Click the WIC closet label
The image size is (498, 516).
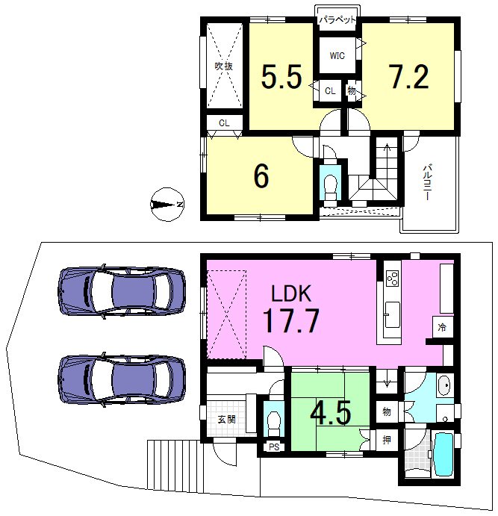[x=337, y=55]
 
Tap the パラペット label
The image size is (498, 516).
[x=337, y=19]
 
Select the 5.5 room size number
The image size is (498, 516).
[x=281, y=77]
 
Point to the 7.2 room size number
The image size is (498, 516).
[x=409, y=77]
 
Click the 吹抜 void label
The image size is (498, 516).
[x=224, y=66]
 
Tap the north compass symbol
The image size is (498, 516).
[x=167, y=205]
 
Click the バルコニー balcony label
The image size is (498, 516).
[x=427, y=182]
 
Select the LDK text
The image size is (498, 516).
[x=291, y=293]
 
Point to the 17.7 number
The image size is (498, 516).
[x=290, y=320]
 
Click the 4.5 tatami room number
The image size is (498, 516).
[x=331, y=412]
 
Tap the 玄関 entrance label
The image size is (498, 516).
[x=227, y=420]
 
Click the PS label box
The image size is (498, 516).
[x=274, y=447]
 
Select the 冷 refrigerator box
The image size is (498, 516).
[x=443, y=327]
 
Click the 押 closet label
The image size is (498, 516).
[x=387, y=440]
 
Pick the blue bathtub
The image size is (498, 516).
[x=444, y=454]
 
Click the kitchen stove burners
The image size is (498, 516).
[x=393, y=278]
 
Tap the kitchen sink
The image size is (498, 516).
[x=393, y=315]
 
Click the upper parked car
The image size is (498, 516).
[x=122, y=291]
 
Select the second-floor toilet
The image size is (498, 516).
[x=330, y=187]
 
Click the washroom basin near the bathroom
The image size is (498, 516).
[x=443, y=385]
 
